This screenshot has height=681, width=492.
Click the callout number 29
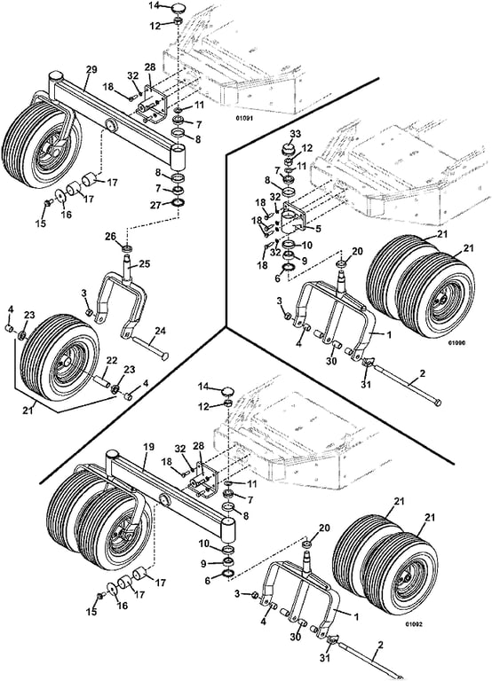[x=91, y=69]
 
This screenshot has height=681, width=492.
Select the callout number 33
[x=295, y=134]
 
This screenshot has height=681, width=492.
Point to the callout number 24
[x=160, y=331]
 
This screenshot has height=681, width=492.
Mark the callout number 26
[x=110, y=237]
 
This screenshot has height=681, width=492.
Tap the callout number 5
[x=319, y=228]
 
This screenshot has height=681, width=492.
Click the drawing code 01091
[x=244, y=118]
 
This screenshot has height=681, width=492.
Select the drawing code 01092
[x=414, y=624]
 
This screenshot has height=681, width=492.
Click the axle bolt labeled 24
[x=148, y=348]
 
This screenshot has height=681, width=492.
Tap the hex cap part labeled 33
[x=290, y=149]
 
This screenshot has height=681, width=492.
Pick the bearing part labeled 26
[x=127, y=250]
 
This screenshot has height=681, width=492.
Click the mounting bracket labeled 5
[x=295, y=218]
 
